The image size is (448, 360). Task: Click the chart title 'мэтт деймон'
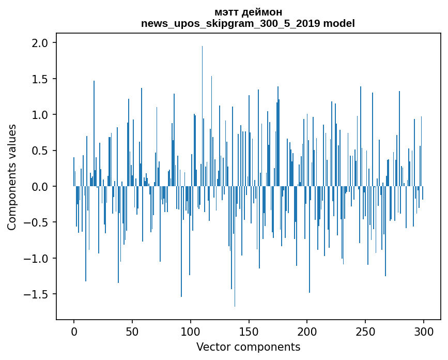248,12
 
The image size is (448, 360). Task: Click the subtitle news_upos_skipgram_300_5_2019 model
248,23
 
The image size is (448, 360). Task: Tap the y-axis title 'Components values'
12,177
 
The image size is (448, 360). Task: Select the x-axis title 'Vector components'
248,347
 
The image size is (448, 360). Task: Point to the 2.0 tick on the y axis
40,43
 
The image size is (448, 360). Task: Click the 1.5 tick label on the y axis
40,79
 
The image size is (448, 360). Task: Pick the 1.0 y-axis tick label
40,115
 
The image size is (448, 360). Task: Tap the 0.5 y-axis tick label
40,151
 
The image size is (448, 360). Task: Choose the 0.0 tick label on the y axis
40,187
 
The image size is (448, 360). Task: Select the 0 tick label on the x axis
74,331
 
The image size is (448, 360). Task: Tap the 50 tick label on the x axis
132,331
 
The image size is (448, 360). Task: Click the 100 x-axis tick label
191,331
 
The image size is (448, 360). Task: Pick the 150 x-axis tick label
249,331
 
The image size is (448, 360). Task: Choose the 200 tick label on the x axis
307,331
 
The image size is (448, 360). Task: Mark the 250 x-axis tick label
365,331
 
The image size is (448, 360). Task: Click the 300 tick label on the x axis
424,331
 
